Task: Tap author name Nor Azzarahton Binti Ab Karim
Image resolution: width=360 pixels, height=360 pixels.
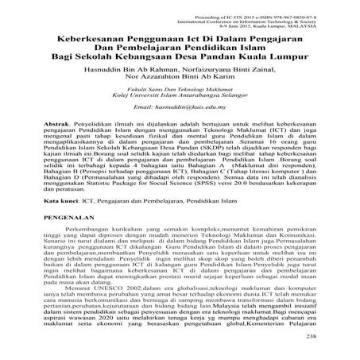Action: click(x=178, y=79)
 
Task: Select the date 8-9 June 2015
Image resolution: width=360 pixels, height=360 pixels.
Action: click(x=262, y=23)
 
